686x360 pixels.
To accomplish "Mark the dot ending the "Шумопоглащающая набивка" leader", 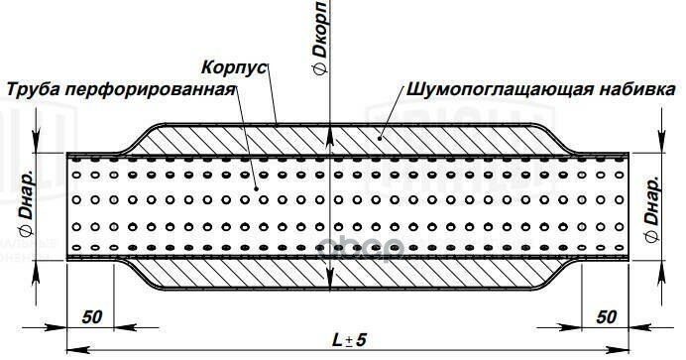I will (x=378, y=138).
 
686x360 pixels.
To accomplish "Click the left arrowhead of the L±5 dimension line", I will (x=72, y=350).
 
